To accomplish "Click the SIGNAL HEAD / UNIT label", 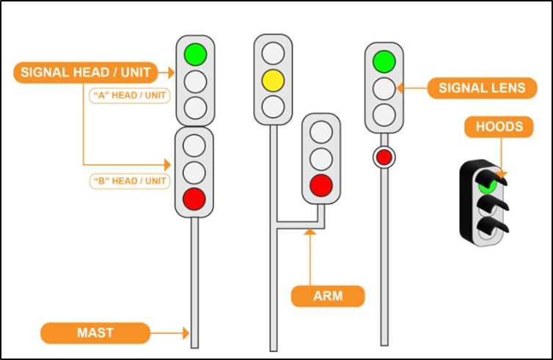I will coord(85,72).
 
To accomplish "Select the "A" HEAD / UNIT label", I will coord(129,96).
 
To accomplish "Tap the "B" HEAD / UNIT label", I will coord(129,181).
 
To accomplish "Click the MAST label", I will coord(95,333).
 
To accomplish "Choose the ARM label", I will coord(328,296).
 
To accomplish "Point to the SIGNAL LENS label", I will coord(482,88).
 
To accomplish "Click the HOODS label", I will coord(499,127).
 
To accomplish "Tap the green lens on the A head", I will coord(195,54).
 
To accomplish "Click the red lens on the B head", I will coord(194,198).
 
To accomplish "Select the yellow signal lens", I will coord(273,79).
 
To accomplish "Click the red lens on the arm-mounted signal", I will coord(321,185).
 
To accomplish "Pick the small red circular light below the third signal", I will coord(384,156).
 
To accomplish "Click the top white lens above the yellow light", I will coord(273,53).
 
